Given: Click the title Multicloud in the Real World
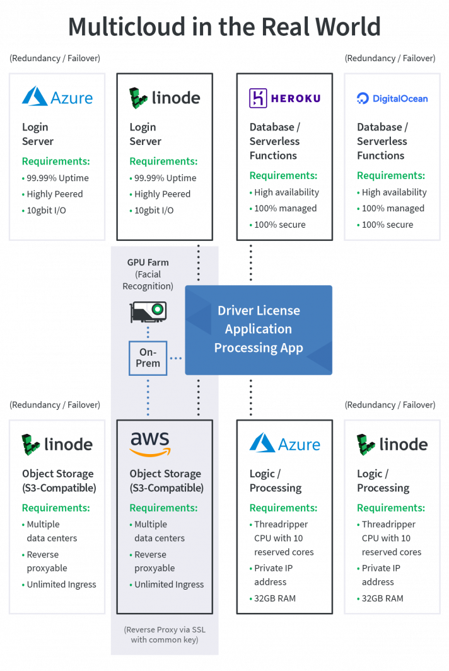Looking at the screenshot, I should [x=224, y=26].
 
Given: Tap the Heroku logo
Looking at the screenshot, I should [x=284, y=98].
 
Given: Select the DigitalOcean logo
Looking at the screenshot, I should [x=392, y=98].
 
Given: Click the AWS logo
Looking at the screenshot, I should [x=149, y=444].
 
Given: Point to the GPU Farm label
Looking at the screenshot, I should [x=148, y=262].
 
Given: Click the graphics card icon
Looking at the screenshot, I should [x=148, y=310].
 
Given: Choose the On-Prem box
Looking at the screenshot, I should [x=148, y=358].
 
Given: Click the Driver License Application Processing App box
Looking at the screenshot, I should [x=259, y=329].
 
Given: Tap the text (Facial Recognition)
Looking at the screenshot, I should [x=148, y=280].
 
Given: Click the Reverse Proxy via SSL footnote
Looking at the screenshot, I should [x=165, y=634].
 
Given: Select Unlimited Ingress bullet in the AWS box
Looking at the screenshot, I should [x=169, y=585].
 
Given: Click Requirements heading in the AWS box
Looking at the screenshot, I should [x=163, y=508].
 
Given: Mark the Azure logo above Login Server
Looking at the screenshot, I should [x=57, y=96].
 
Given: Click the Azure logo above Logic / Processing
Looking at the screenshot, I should [x=285, y=443].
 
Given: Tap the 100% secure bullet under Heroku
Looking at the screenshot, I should [x=281, y=225].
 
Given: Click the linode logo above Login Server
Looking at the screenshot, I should [x=165, y=97].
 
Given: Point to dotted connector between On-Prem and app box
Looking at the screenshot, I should [x=176, y=358].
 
